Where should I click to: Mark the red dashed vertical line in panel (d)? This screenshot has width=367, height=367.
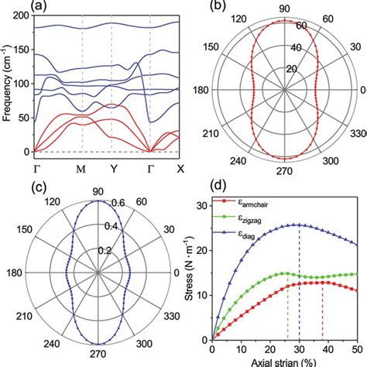coord(323,310)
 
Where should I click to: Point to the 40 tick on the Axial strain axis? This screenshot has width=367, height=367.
coord(323,348)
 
